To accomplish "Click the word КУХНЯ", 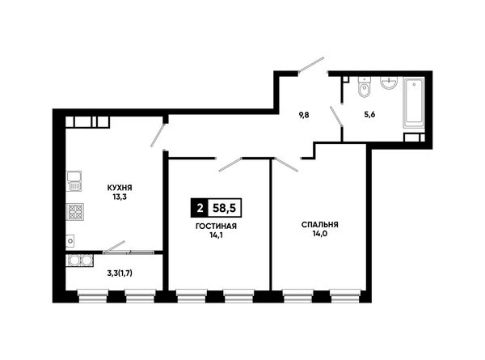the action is click(120, 188).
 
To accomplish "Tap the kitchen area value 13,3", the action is click(120, 197).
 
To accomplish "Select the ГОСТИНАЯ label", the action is click(216, 227).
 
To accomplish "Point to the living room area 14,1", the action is click(216, 235).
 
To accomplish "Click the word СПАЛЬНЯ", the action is click(320, 225).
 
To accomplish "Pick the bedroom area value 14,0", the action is click(320, 234).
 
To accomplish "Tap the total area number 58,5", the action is click(225, 208).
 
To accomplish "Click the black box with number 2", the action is click(200, 208).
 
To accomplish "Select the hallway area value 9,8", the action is click(304, 115).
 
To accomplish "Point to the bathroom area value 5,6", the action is click(369, 115).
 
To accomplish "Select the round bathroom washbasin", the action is click(389, 83).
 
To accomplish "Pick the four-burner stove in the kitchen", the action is click(75, 212).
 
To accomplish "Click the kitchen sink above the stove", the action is click(74, 181).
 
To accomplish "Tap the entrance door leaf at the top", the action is click(311, 65).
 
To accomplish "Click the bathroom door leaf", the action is click(336, 116).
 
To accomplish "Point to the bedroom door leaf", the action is click(286, 165).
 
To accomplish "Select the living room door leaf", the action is click(230, 165).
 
